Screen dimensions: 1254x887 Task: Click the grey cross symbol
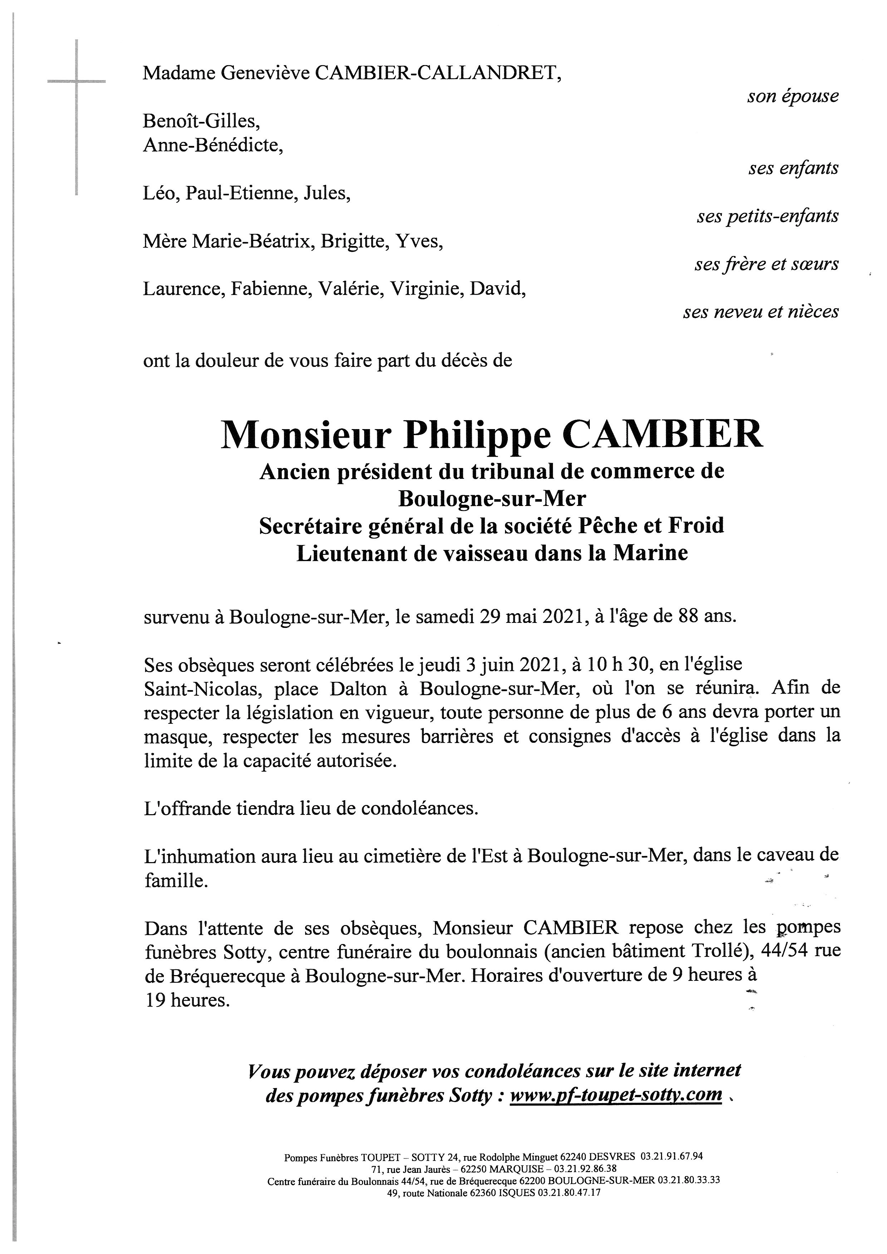click(x=77, y=82)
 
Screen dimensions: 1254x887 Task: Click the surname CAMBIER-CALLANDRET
click(x=437, y=73)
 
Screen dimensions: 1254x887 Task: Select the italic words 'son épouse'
click(x=793, y=96)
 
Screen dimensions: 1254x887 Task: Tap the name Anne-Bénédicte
click(x=212, y=144)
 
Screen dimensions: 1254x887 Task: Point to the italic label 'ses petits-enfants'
click(x=768, y=216)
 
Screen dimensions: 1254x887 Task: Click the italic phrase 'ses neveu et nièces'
click(x=760, y=311)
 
